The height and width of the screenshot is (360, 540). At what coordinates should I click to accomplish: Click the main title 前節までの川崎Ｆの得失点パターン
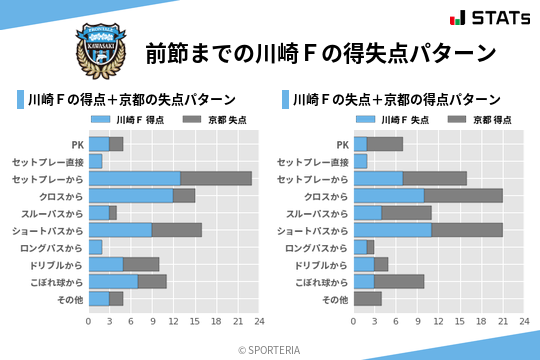tap(320, 52)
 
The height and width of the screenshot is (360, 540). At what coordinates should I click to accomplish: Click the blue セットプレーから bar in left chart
tap(135, 178)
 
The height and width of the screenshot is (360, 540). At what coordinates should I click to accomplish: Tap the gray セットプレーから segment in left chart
tap(216, 178)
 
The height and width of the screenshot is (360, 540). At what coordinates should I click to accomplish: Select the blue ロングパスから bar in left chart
tap(96, 247)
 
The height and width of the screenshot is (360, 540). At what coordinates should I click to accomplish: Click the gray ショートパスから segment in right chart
tap(467, 230)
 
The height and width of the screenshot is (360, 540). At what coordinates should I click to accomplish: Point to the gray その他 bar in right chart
tap(367, 299)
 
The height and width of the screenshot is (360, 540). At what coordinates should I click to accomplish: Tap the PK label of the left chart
tap(77, 144)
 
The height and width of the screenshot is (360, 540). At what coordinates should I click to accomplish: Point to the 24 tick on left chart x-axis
tap(259, 322)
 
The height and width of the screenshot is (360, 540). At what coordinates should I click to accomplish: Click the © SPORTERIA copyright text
tap(270, 349)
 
